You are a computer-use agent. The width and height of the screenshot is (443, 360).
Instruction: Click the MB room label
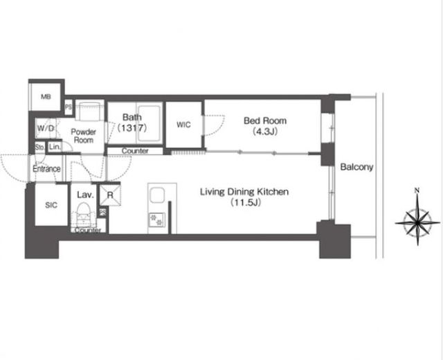click(x=46, y=97)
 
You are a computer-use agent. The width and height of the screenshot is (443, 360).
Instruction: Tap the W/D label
click(x=46, y=128)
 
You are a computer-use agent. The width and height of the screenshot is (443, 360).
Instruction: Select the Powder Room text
click(x=83, y=136)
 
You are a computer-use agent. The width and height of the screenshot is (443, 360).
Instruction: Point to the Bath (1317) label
click(x=132, y=123)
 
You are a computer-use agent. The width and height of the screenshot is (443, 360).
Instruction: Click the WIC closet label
click(x=183, y=125)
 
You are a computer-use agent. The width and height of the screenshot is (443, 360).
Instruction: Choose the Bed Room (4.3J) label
click(x=265, y=126)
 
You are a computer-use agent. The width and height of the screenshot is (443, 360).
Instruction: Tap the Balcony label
click(x=356, y=167)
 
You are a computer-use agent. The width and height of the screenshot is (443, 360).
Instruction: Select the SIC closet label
click(x=51, y=205)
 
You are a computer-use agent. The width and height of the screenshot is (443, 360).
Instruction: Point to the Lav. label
click(x=85, y=195)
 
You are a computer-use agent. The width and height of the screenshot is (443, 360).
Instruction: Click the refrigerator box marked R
click(x=110, y=195)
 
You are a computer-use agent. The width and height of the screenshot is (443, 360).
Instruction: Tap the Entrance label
click(x=46, y=169)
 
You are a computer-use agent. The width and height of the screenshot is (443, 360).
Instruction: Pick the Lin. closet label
click(x=55, y=147)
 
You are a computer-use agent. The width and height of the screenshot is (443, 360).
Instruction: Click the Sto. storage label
click(x=39, y=147)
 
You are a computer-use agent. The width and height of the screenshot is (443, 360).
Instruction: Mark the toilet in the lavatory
click(x=83, y=214)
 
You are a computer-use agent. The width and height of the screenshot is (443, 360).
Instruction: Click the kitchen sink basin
click(x=157, y=195)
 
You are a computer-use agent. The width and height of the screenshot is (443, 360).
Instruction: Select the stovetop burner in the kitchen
click(x=157, y=219)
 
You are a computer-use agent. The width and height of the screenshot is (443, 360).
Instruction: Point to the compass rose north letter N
click(x=417, y=191)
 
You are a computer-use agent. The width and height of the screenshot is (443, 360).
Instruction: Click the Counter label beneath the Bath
click(x=135, y=151)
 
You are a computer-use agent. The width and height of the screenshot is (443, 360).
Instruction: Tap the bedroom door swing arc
click(x=217, y=127)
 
